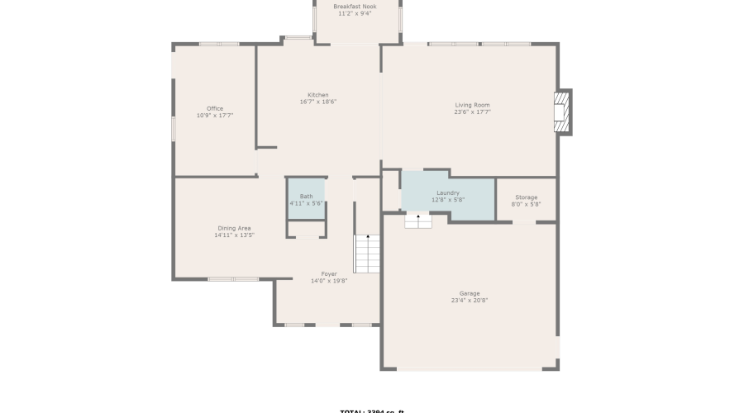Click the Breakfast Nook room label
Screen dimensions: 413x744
point(355,6)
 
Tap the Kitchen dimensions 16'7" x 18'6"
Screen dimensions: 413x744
point(318,102)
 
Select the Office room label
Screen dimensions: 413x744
point(215,108)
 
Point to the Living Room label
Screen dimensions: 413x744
point(472,105)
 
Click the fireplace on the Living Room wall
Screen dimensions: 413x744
point(562,112)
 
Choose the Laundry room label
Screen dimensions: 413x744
point(447,192)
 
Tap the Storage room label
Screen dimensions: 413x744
point(526,197)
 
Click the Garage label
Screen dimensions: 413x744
point(470,293)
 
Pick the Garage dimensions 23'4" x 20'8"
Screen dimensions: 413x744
point(470,301)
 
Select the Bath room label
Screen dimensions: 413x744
point(306,197)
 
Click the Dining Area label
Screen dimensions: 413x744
point(234,228)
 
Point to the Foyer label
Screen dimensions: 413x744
point(329,273)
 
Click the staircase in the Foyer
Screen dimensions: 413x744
point(367,254)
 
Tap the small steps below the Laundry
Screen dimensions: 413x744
point(417,221)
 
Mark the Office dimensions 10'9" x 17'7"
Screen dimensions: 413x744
point(215,116)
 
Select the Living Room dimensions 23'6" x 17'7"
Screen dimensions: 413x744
point(472,112)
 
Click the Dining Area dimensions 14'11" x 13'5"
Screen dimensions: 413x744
point(234,235)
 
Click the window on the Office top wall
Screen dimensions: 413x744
point(219,44)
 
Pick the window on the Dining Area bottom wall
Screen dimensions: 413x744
point(233,279)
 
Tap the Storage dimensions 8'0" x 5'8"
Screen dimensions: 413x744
point(526,205)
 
